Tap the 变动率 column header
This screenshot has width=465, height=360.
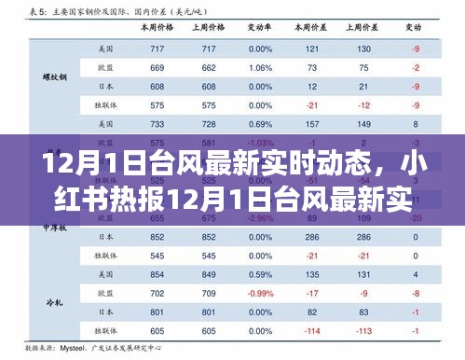click(x=260, y=29)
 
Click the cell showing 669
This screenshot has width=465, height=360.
click(x=157, y=67)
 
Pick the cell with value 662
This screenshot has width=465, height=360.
click(x=208, y=67)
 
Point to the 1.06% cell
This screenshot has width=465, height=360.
click(x=260, y=67)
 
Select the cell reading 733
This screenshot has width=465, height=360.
click(x=157, y=124)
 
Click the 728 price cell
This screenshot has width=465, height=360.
click(x=208, y=124)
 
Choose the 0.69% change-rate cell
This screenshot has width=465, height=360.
click(x=260, y=124)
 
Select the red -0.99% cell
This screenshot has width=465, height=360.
click(x=260, y=294)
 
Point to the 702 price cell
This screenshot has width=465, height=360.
click(x=157, y=294)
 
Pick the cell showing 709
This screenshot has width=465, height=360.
click(x=208, y=294)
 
